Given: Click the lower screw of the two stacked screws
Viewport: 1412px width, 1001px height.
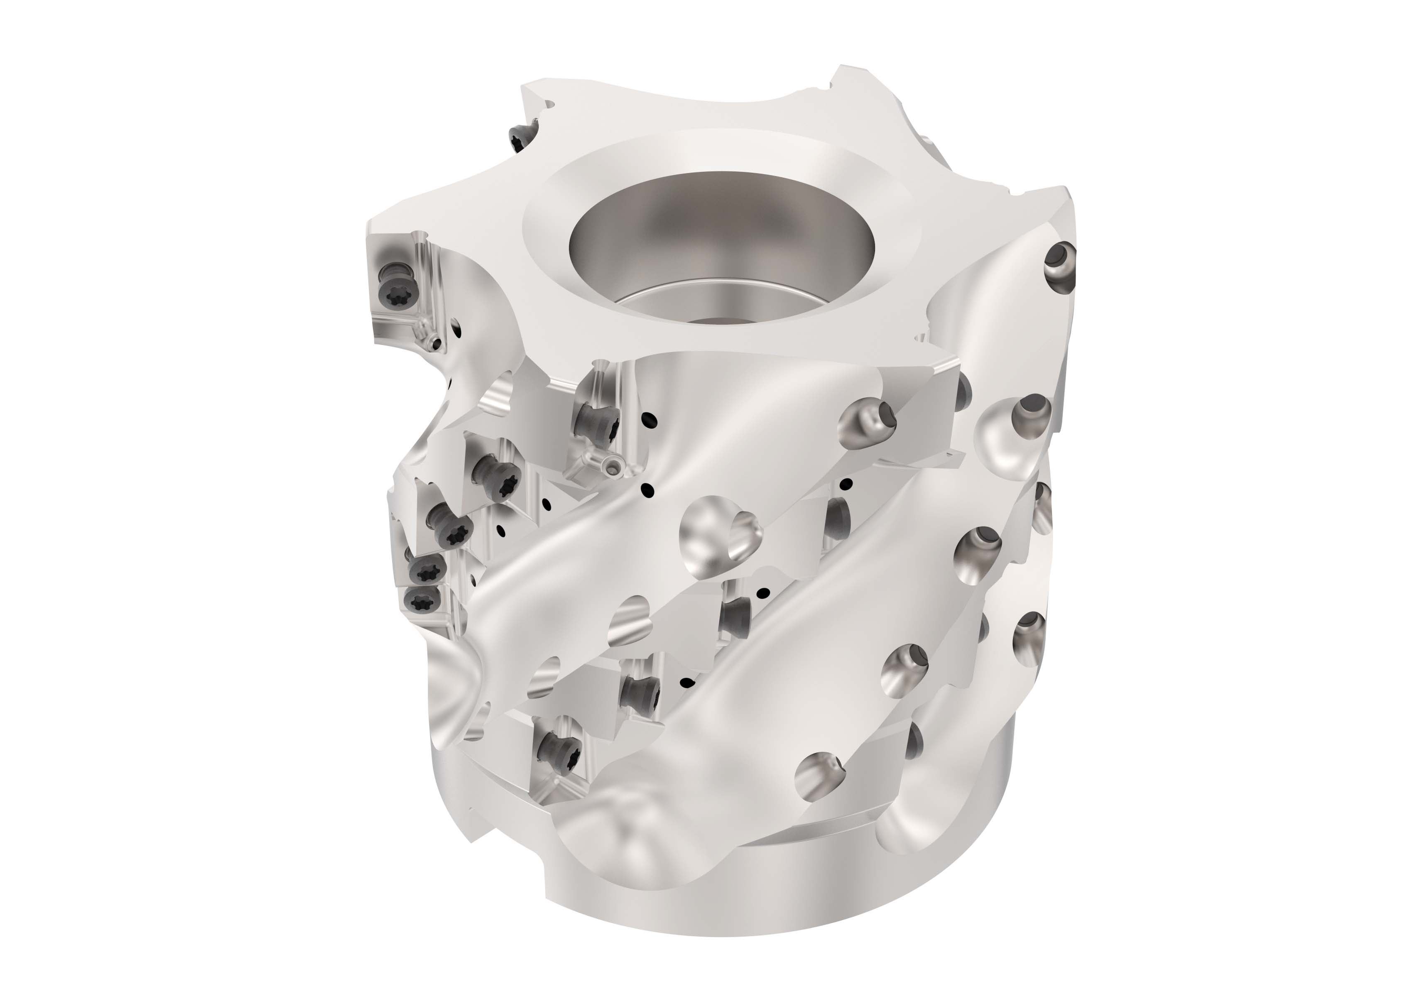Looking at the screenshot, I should pos(424,597).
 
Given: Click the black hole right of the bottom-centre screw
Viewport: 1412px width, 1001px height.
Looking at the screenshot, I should pos(686,682).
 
